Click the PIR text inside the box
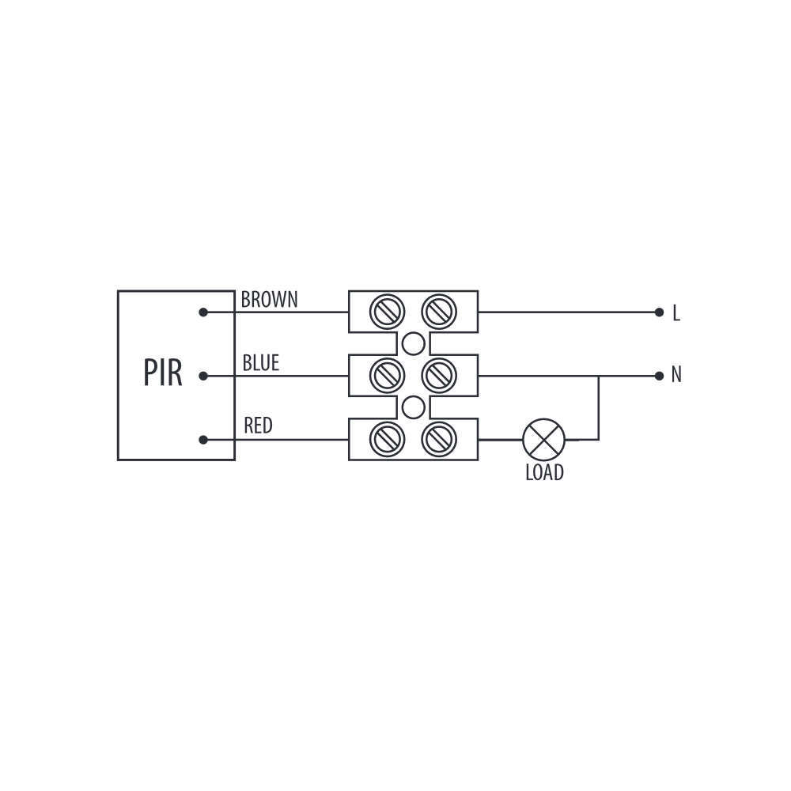pos(162,373)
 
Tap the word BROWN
pos(270,300)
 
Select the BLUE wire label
pos(261,363)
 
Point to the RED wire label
pos(258,426)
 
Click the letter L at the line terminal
pos(676,313)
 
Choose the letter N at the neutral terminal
pos(676,375)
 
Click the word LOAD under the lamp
pos(544,473)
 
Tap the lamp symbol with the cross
pos(544,439)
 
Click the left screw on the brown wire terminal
pos(387,312)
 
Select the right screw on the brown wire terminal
pos(439,312)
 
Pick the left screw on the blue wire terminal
pos(387,376)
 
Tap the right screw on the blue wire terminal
pos(439,376)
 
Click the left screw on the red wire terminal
pos(387,439)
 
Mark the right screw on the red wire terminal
pos(439,439)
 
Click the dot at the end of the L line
pos(659,312)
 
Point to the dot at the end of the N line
pos(659,376)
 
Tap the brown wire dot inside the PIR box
pos(203,312)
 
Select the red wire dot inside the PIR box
pos(203,440)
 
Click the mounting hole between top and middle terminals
pos(413,343)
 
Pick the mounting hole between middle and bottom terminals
pos(413,407)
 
